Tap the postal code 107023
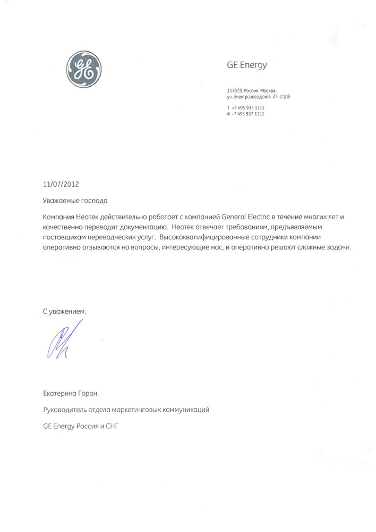coord(234,92)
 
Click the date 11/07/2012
coord(61,184)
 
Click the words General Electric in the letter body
coord(235,217)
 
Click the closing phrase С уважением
coord(64,311)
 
